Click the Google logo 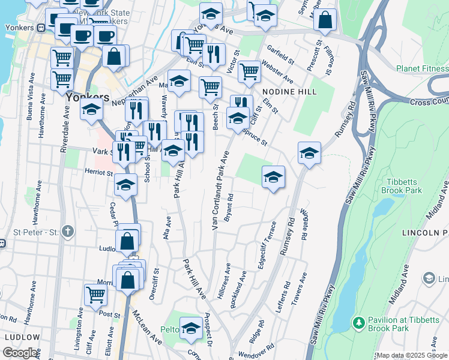20,353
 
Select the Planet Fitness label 422,68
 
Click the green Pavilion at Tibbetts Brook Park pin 358,323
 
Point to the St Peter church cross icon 68,231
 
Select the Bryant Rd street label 228,208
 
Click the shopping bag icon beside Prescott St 325,20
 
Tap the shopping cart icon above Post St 96,294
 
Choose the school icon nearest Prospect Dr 191,328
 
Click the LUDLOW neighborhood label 22,337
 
